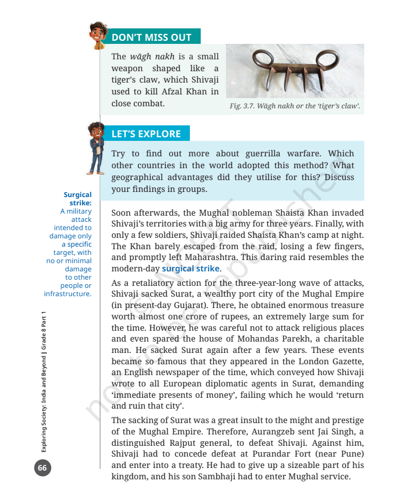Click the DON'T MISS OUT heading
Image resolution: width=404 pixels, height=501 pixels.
pyautogui.click(x=151, y=37)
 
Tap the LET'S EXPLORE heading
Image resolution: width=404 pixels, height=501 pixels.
pyautogui.click(x=146, y=134)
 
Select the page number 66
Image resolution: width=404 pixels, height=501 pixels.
pyautogui.click(x=42, y=468)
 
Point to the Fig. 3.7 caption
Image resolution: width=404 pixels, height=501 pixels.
pyautogui.click(x=295, y=107)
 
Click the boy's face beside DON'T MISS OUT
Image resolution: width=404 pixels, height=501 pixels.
pyautogui.click(x=97, y=33)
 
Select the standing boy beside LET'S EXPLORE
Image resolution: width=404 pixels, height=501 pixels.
pyautogui.click(x=95, y=147)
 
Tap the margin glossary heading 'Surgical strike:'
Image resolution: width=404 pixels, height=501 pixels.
pyautogui.click(x=77, y=199)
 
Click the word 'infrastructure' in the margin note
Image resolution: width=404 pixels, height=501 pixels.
pyautogui.click(x=68, y=294)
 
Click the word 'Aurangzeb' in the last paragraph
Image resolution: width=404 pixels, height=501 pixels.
pyautogui.click(x=263, y=431)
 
